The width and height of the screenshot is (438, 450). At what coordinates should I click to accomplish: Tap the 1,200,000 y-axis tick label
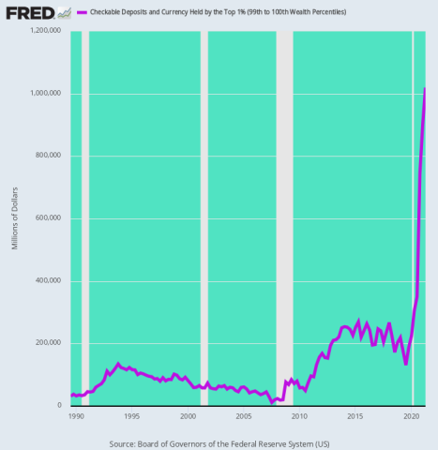click(x=45, y=31)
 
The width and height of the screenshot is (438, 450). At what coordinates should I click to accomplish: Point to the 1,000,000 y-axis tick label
click(x=45, y=94)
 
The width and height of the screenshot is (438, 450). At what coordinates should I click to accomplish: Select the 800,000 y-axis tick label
click(x=49, y=156)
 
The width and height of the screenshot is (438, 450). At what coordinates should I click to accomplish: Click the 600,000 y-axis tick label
click(x=49, y=218)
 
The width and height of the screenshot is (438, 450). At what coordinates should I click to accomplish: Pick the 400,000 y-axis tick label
click(x=49, y=280)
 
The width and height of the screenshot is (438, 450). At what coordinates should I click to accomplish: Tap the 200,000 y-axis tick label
click(x=49, y=343)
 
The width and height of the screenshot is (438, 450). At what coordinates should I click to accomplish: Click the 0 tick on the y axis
click(x=60, y=405)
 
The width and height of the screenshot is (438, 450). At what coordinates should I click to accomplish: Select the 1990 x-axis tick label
click(x=76, y=416)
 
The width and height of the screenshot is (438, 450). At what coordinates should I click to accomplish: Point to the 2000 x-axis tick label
click(x=188, y=416)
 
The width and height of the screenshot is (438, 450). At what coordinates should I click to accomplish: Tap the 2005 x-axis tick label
click(x=244, y=416)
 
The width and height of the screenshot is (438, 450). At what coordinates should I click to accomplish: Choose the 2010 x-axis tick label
click(x=300, y=416)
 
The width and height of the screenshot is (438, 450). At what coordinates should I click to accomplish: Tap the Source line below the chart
click(x=219, y=442)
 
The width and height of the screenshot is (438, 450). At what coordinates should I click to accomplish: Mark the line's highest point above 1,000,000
click(x=425, y=89)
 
